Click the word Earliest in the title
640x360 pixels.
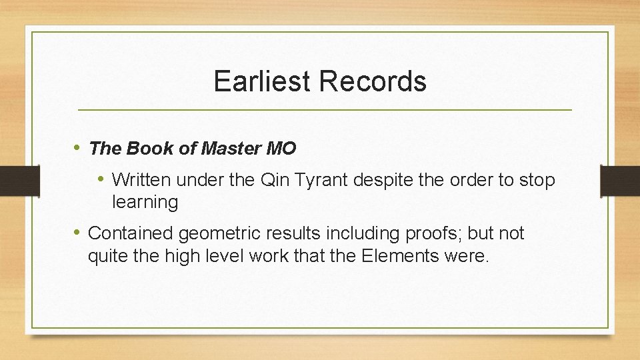[262, 81]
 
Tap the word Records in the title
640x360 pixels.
[373, 81]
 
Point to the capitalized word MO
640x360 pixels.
[281, 148]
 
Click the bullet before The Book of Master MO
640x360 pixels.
[78, 147]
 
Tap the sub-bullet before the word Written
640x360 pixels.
[102, 179]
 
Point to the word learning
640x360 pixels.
[145, 202]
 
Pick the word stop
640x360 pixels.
[539, 180]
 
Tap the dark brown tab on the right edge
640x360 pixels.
[620, 180]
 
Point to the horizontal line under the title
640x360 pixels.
[325, 109]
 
